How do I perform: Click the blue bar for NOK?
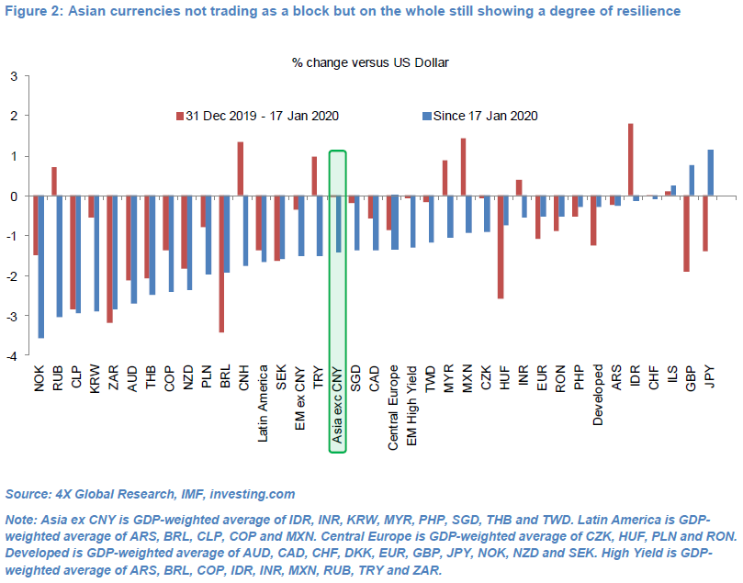click(40, 267)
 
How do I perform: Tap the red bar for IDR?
click(631, 160)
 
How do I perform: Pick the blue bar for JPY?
click(711, 173)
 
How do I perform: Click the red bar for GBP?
click(686, 233)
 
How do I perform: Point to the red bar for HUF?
click(500, 247)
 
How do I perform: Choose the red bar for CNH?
click(240, 169)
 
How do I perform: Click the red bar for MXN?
click(463, 167)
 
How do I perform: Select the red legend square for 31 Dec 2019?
click(180, 116)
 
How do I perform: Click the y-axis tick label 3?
click(14, 76)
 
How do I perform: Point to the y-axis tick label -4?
click(12, 356)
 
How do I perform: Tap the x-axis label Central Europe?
click(393, 407)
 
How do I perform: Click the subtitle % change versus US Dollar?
click(370, 62)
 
